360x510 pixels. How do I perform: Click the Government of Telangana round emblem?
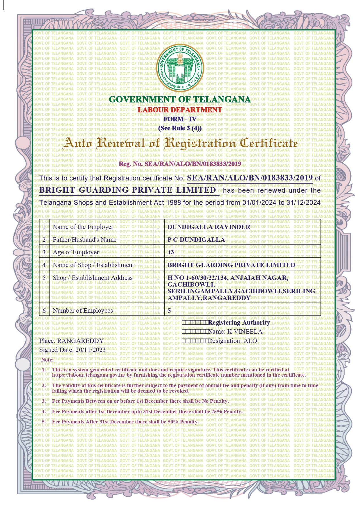pos(180,68)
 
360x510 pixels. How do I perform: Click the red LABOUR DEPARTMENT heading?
pos(180,110)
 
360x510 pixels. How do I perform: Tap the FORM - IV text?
pos(180,119)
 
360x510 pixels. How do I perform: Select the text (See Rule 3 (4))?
pos(180,128)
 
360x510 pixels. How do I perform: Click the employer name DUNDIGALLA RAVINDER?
pos(209,227)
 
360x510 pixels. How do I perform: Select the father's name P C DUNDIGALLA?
pos(196,240)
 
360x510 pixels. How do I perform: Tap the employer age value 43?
pos(171,252)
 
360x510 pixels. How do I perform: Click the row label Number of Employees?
pos(83,311)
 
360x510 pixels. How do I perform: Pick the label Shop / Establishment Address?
pos(93,278)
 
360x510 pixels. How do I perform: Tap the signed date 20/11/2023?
pos(90,350)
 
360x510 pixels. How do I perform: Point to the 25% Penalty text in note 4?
pos(228,411)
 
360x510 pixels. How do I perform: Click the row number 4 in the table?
pos(44,265)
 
